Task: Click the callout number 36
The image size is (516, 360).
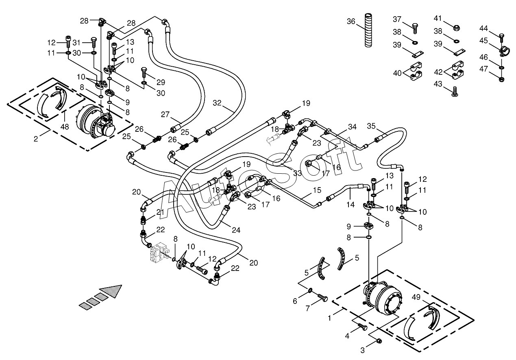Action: pos(351,21)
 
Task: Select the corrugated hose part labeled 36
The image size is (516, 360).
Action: pos(368,30)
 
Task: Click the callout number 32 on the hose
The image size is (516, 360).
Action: pos(217,103)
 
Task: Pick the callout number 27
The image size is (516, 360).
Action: pos(165,114)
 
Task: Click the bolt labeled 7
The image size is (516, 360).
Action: pos(324,298)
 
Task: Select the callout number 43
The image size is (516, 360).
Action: pos(438,83)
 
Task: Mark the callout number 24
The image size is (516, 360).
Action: pos(235,230)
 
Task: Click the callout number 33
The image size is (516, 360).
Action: pos(298,173)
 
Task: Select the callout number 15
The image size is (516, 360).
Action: pos(317,190)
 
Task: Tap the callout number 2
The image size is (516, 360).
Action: pos(36,139)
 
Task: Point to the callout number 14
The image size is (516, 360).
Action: pos(351,204)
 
